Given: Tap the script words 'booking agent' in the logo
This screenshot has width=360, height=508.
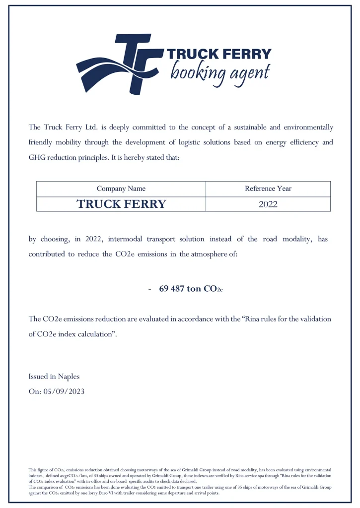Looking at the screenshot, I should pyautogui.click(x=220, y=72).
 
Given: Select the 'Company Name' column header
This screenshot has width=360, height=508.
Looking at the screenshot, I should pyautogui.click(x=121, y=189).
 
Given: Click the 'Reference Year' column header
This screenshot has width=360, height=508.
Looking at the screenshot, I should pyautogui.click(x=268, y=189).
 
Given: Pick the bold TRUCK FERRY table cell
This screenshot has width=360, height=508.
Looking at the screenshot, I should pyautogui.click(x=121, y=204).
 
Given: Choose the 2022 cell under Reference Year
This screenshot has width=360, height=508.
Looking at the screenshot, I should pyautogui.click(x=268, y=204).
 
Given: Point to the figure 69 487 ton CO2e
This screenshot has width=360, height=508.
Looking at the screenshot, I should pyautogui.click(x=191, y=289).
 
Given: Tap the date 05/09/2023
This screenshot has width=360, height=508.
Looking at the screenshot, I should pyautogui.click(x=64, y=391).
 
